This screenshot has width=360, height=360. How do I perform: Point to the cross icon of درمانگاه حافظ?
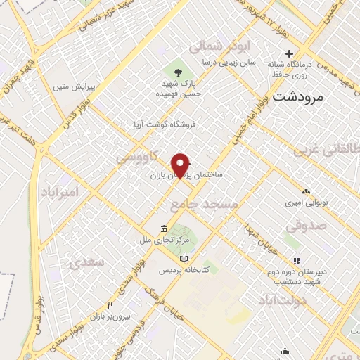click(x=289, y=54)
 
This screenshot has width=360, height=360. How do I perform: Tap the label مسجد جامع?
click(x=204, y=204)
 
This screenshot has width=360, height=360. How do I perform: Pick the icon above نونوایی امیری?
click(x=307, y=191)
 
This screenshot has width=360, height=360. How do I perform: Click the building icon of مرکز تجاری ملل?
click(x=163, y=229)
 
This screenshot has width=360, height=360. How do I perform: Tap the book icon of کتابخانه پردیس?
click(x=184, y=258)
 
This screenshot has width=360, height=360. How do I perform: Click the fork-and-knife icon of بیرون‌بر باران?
click(x=110, y=305)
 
